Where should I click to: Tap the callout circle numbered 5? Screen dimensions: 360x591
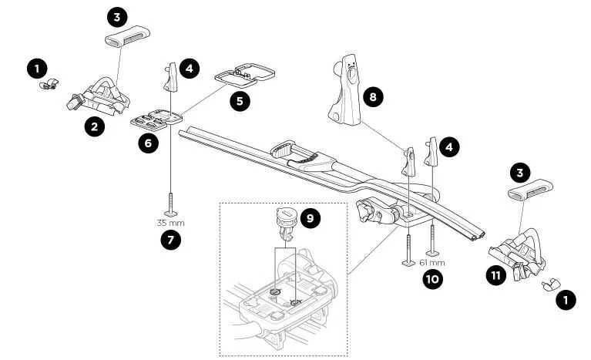(243, 100)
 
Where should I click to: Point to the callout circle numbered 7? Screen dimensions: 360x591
(170, 240)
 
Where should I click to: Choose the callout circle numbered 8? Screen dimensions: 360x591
(374, 97)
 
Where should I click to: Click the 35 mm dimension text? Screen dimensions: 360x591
(170, 223)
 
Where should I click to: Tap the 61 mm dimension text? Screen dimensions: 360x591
(431, 262)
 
